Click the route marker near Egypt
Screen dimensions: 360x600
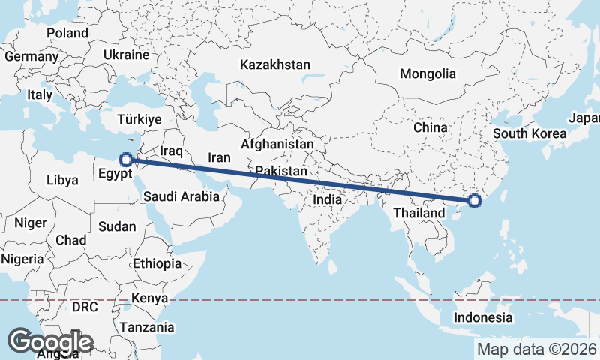pos(127,159)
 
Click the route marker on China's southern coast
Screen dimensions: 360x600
pos(474,200)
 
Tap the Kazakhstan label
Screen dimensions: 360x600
pos(275,65)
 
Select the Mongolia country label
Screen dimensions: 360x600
pos(427,73)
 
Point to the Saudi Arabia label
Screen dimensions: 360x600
pos(181,197)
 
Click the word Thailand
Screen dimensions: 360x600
pos(419,214)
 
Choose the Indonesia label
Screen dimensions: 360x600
pos(483,317)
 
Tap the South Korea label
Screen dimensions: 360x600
pos(529,134)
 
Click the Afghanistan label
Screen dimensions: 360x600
pos(277,143)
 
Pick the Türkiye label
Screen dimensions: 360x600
pos(139,120)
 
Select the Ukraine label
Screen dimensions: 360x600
pos(127,55)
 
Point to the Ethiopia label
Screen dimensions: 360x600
pos(157,263)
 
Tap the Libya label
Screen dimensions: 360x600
pos(62,180)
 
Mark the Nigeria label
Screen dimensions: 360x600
pos(22,259)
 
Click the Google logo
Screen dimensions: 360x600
pos(50,342)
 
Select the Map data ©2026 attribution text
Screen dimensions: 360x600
pos(536,349)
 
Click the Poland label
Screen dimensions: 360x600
pos(67,34)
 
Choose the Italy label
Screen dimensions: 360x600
pos(40,95)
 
